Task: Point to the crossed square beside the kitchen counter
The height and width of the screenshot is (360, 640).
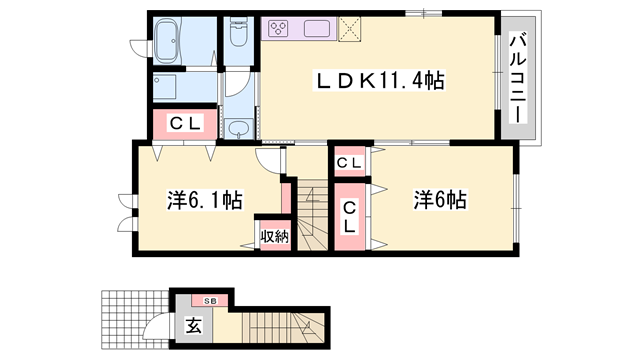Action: (x=350, y=28)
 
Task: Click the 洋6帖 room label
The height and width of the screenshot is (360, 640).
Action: (x=440, y=199)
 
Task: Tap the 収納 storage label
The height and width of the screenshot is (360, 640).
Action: (x=273, y=236)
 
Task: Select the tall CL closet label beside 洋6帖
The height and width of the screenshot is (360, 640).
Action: (x=351, y=216)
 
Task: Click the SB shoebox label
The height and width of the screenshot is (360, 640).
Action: (x=210, y=300)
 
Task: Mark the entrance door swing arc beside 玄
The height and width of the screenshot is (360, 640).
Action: (x=160, y=329)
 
